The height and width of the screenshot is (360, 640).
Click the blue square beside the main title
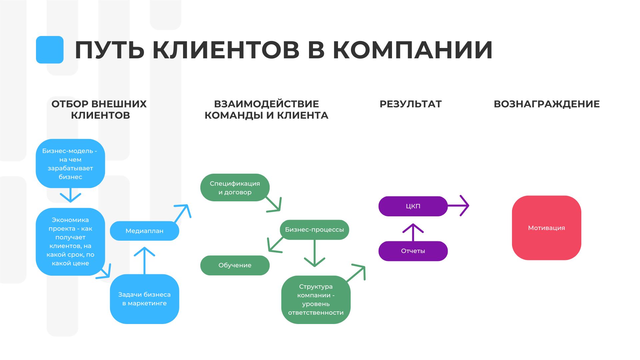50,50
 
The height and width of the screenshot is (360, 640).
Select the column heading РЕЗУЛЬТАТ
410,104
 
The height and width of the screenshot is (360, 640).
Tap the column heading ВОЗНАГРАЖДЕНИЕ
547,104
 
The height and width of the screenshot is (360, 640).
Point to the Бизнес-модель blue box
70,163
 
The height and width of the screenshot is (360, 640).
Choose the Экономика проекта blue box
70,242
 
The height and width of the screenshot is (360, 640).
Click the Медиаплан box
144,231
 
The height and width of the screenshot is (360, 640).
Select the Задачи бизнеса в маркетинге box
144,299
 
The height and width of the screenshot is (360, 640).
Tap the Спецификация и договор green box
235,187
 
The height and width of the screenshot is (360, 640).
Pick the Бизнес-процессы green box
314,229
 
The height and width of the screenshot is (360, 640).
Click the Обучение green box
235,265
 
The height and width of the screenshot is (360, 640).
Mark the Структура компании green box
316,299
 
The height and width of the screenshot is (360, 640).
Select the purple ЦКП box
413,206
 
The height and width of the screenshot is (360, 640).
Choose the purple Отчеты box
413,251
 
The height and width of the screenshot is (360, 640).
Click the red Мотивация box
546,228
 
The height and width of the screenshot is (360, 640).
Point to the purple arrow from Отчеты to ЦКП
413,232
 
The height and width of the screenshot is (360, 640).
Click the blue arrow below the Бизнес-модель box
70,195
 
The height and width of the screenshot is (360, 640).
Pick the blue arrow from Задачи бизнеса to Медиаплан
144,260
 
